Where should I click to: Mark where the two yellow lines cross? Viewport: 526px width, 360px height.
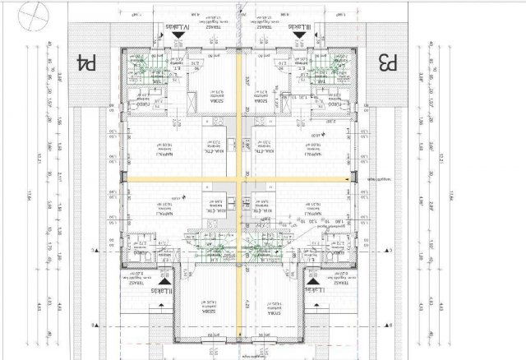pos(238,178)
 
